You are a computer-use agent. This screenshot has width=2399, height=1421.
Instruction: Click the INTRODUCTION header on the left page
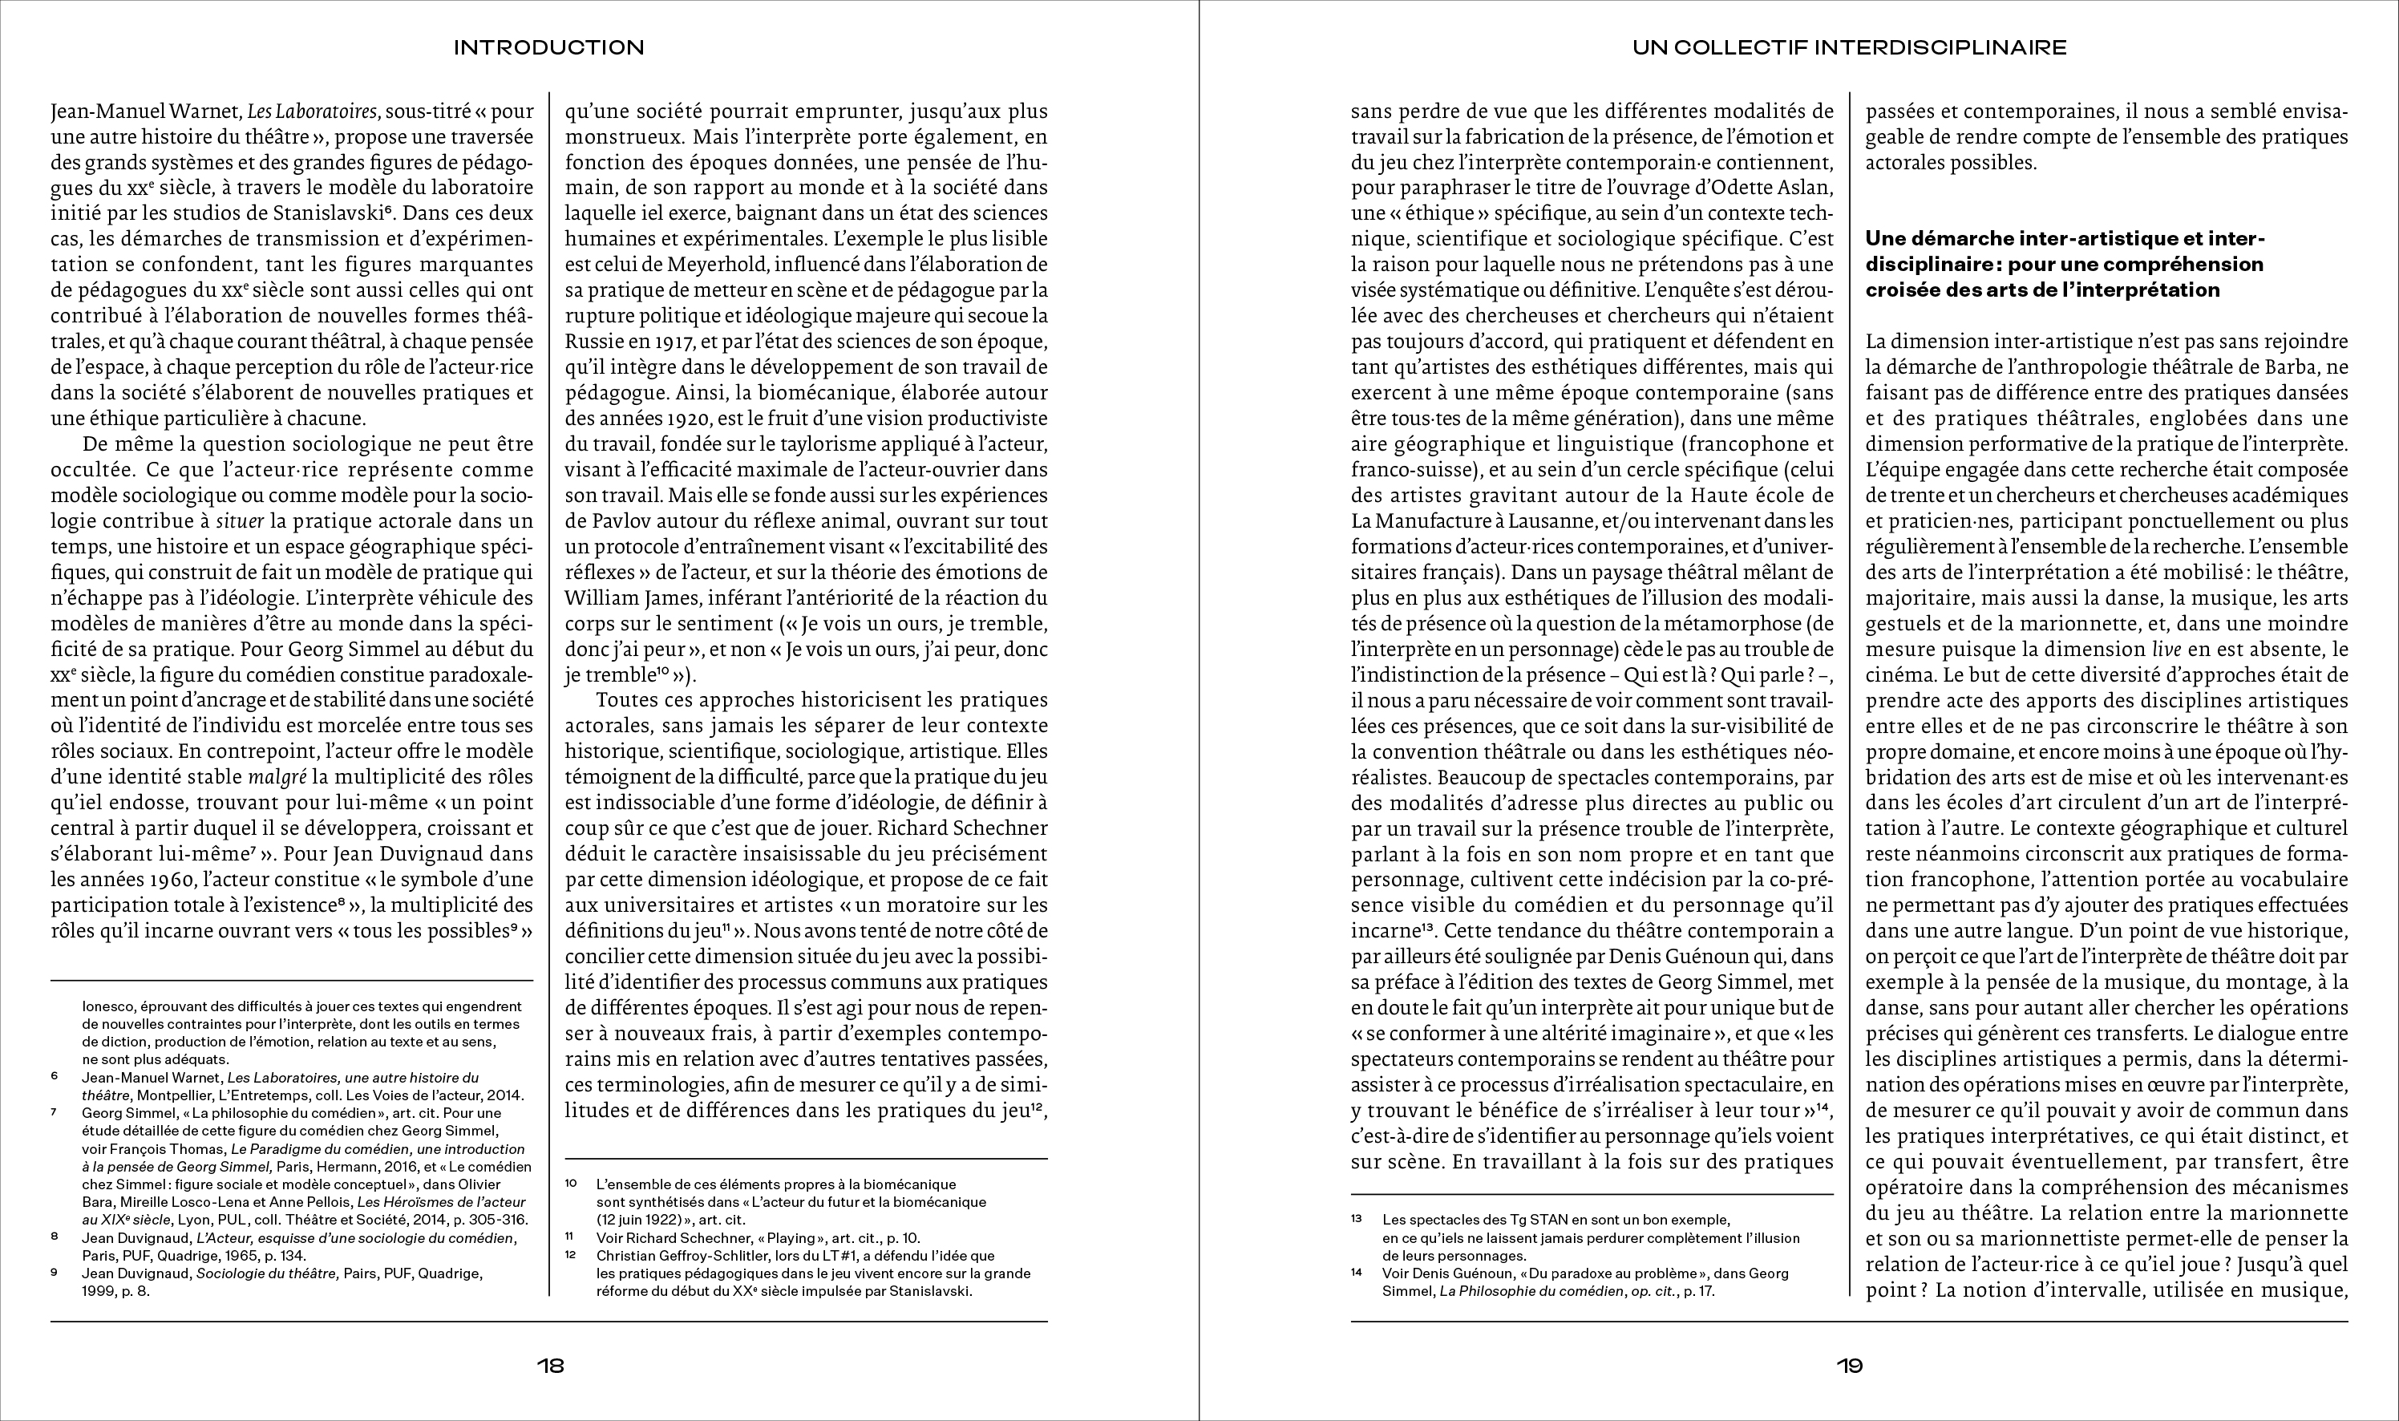548,47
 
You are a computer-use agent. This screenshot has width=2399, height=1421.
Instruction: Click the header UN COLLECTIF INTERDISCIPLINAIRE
1850,47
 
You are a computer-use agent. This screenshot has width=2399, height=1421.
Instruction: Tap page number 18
551,1366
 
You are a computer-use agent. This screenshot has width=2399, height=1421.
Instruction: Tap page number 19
1850,1366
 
